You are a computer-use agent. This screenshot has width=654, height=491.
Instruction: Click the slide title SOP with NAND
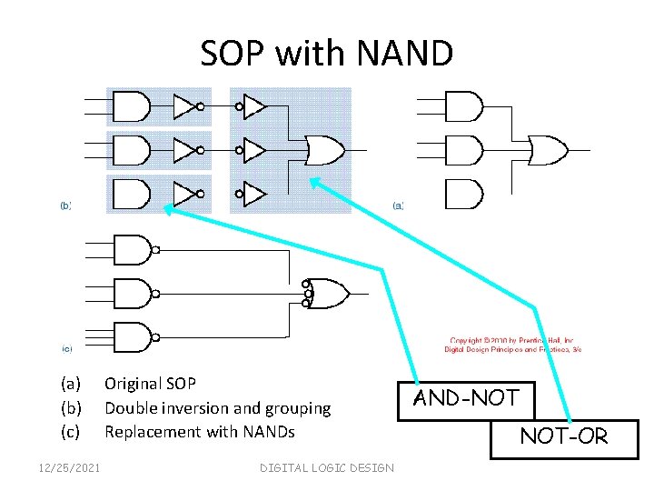[x=326, y=54]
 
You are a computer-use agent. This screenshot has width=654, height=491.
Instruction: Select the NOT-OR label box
[x=563, y=436]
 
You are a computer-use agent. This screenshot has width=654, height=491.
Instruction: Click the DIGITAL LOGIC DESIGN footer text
[x=326, y=467]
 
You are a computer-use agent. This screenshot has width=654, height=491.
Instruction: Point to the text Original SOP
[x=150, y=384]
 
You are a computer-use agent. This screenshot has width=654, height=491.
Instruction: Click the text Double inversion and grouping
[x=217, y=408]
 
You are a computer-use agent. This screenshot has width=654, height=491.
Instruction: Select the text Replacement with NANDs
[x=199, y=432]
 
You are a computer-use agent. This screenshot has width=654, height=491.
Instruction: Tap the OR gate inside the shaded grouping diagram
[x=324, y=149]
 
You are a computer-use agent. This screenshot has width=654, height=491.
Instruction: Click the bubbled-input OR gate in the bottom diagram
[x=327, y=293]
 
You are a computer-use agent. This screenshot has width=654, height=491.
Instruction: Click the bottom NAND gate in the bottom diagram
[x=132, y=337]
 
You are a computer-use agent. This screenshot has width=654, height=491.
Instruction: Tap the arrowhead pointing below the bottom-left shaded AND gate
[x=170, y=211]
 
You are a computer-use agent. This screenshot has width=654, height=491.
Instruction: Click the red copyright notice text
[x=512, y=344]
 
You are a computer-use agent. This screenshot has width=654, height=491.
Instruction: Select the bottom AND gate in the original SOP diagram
[x=464, y=194]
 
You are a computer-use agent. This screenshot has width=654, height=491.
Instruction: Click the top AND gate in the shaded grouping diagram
[x=130, y=107]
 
